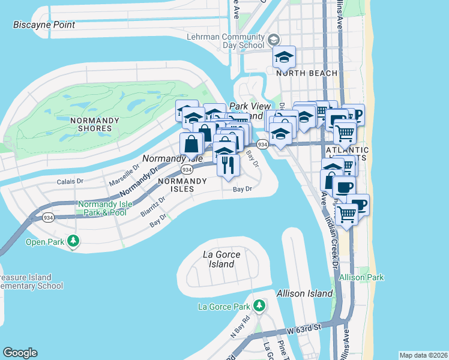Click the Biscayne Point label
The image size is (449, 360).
point(44,25)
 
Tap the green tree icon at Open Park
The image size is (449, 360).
point(73,241)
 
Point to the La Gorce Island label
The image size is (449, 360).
point(221,259)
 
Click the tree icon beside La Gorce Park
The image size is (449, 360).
point(259,306)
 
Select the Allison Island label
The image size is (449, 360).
point(304,293)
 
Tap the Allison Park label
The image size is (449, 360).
point(361,278)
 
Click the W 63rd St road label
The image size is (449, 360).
point(304,327)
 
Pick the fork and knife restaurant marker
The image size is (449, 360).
point(228,164)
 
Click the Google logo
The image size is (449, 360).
point(20,353)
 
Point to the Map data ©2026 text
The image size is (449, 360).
point(423,355)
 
